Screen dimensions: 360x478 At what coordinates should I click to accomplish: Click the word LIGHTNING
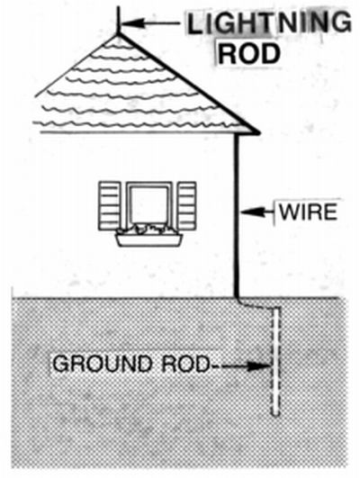click(269, 23)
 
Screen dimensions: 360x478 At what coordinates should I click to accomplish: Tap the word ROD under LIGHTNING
click(249, 54)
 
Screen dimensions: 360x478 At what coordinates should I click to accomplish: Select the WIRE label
click(308, 212)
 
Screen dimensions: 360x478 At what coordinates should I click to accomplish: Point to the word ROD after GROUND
click(185, 364)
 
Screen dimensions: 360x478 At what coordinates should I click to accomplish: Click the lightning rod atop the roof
click(118, 20)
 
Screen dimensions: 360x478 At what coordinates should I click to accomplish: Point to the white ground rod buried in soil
click(275, 362)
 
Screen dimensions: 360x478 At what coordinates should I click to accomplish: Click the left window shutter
click(110, 206)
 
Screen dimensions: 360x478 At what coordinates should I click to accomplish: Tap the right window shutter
click(187, 206)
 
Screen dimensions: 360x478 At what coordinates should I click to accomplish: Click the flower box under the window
click(149, 240)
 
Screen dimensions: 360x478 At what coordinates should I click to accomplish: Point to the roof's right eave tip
click(259, 133)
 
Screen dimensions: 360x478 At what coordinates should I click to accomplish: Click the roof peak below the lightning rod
click(118, 35)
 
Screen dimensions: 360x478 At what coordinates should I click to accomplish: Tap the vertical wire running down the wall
click(237, 215)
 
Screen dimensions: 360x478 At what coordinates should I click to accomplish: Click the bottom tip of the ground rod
click(275, 415)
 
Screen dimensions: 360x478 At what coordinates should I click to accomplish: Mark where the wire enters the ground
click(237, 298)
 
